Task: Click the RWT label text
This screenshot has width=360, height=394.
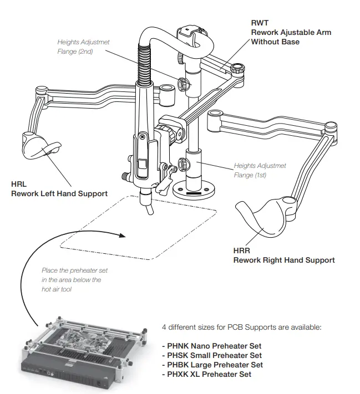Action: click(x=260, y=23)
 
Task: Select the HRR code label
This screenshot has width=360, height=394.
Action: click(x=241, y=251)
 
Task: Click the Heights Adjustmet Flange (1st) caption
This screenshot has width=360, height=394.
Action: click(x=260, y=170)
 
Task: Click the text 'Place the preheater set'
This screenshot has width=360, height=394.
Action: click(x=74, y=270)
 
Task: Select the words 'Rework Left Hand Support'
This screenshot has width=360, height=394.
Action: click(x=59, y=193)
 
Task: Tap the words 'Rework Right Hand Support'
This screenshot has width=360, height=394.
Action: click(x=283, y=260)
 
